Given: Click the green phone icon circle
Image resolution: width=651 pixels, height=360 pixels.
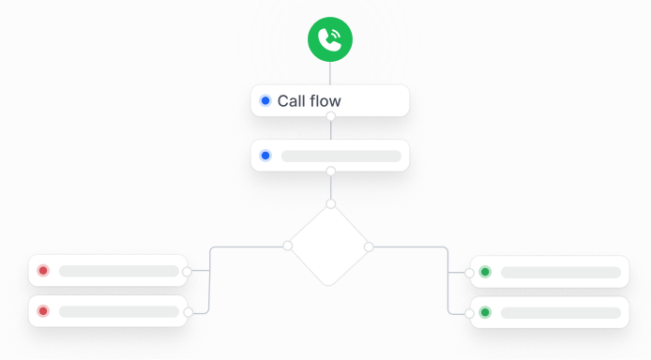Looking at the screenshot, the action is tap(329, 38).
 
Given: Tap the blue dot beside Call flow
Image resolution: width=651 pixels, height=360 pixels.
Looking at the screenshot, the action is tap(265, 101).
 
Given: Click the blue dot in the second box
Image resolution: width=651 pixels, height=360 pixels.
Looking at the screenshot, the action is tap(265, 156).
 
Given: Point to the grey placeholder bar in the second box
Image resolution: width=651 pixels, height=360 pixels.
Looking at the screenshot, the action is tap(341, 156).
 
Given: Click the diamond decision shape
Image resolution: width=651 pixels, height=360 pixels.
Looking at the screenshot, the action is tap(329, 246).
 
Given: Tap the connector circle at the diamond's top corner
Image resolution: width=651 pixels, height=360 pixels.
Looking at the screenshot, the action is tap(330, 203).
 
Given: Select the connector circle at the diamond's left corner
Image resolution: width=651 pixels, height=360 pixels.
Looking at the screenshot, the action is tap(288, 246).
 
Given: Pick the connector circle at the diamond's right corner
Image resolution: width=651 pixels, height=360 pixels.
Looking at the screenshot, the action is tap(369, 247).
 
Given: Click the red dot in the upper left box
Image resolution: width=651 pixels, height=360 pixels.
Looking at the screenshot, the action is tap(42, 271).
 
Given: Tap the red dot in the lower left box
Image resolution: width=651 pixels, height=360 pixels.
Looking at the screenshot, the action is tap(42, 311).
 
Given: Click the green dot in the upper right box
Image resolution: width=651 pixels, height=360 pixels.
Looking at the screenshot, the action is tap(485, 272).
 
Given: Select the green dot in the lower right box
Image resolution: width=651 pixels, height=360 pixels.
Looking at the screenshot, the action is tap(485, 311).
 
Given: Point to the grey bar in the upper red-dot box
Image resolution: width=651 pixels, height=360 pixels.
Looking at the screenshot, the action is tap(119, 271).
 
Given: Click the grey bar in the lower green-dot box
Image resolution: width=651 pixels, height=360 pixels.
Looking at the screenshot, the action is tap(561, 311).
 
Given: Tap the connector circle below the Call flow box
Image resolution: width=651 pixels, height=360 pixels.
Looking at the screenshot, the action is tap(330, 116).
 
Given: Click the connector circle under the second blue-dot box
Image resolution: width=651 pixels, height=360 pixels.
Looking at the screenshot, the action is tap(330, 171).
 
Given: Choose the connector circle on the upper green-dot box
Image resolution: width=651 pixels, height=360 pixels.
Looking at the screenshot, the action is tap(470, 273).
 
